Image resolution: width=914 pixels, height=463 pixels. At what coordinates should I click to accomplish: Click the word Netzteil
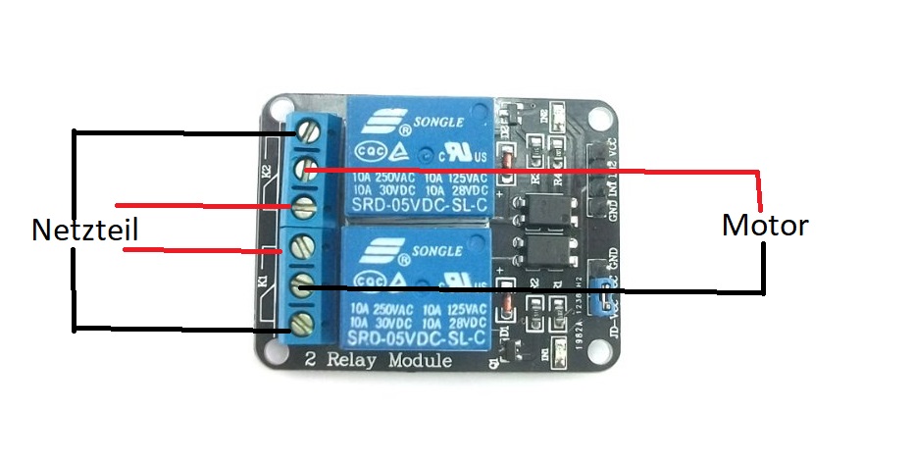83,231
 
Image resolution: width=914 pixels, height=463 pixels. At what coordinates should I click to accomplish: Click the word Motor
765,226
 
